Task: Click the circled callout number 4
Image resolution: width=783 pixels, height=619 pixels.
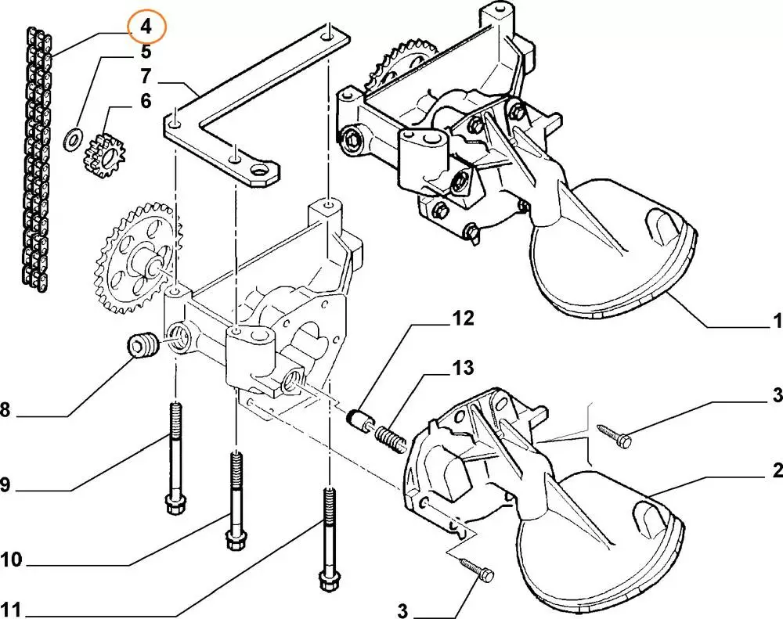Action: tap(146, 27)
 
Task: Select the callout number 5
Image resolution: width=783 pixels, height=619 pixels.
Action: tap(146, 52)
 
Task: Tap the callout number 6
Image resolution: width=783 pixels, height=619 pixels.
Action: tap(146, 101)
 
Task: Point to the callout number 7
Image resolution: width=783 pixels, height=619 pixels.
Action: tap(146, 77)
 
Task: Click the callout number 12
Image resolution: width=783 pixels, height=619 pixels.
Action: tap(464, 318)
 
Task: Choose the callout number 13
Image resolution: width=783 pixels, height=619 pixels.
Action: tap(464, 368)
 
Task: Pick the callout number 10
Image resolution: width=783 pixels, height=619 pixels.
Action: tap(12, 560)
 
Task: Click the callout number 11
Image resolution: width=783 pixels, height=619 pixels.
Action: tap(11, 610)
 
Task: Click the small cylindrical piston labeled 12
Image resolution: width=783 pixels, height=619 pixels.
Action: tap(358, 421)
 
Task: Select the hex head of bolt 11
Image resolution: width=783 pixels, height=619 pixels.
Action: tap(328, 581)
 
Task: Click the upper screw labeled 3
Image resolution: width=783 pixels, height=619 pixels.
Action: tap(615, 435)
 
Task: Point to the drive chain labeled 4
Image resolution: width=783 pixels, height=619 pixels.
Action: tap(38, 160)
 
